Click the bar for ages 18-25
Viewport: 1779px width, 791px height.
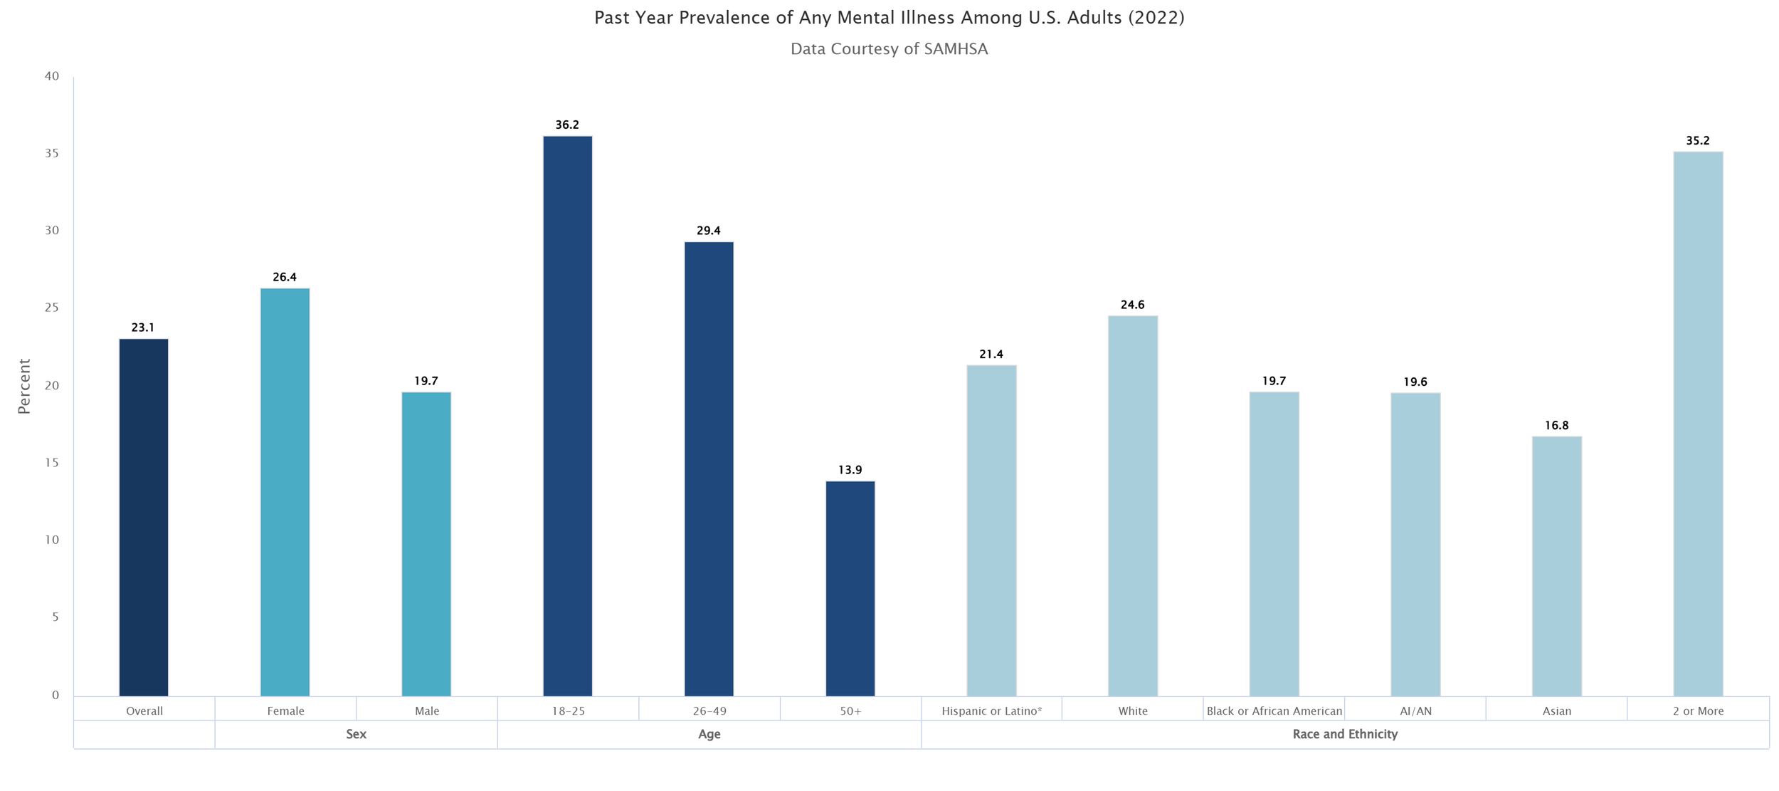567,416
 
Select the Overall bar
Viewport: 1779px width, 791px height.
144,518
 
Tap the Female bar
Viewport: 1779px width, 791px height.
285,492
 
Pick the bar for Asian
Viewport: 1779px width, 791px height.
1556,566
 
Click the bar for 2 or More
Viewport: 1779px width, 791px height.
1697,424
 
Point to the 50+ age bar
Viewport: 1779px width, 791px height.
850,589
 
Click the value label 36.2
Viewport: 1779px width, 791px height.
567,125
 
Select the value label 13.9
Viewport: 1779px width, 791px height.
850,470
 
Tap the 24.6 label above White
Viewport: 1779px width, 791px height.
1132,305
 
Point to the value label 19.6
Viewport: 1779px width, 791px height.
1415,382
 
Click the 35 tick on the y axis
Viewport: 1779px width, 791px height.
52,153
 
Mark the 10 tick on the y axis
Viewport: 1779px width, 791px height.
52,540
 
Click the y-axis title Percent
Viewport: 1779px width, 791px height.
24,386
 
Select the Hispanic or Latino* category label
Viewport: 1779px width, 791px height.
991,711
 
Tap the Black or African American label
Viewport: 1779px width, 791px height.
1274,711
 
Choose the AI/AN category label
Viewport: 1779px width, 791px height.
1415,711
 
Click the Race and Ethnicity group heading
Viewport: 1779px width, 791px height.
1345,734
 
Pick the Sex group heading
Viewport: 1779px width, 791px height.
356,734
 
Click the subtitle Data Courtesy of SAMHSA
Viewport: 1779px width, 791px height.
889,49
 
